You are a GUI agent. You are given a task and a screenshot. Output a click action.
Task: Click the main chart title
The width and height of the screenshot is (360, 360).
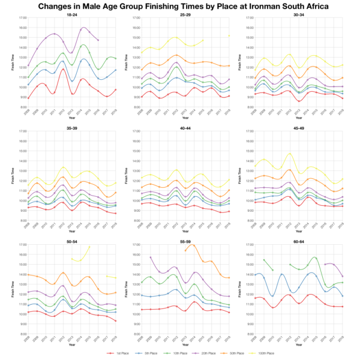(180, 6)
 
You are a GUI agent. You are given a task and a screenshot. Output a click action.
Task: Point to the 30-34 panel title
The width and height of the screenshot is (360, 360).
(299, 14)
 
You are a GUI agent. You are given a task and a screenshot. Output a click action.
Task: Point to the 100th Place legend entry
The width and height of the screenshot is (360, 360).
(272, 355)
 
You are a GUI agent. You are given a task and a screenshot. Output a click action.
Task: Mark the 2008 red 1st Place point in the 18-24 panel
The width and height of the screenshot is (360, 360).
(28, 98)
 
